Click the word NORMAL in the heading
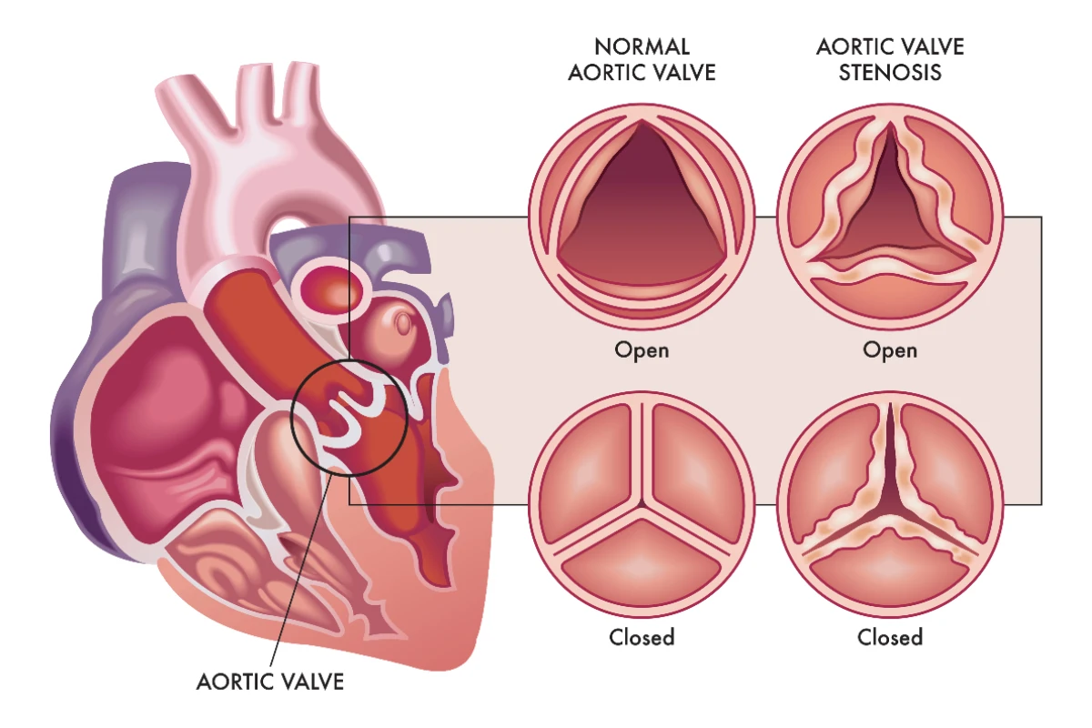coord(642,47)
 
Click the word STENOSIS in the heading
coord(890,73)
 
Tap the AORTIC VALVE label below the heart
coord(270,682)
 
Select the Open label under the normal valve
coord(642,350)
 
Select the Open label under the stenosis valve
coord(890,350)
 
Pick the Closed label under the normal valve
coord(642,637)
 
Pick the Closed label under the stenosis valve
coord(890,637)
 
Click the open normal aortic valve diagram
coord(642,217)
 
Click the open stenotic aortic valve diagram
coord(890,217)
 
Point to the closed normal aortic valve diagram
coord(642,504)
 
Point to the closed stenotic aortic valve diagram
coord(890,504)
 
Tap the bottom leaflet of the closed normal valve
coord(642,566)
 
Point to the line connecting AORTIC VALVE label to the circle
coord(302,570)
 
